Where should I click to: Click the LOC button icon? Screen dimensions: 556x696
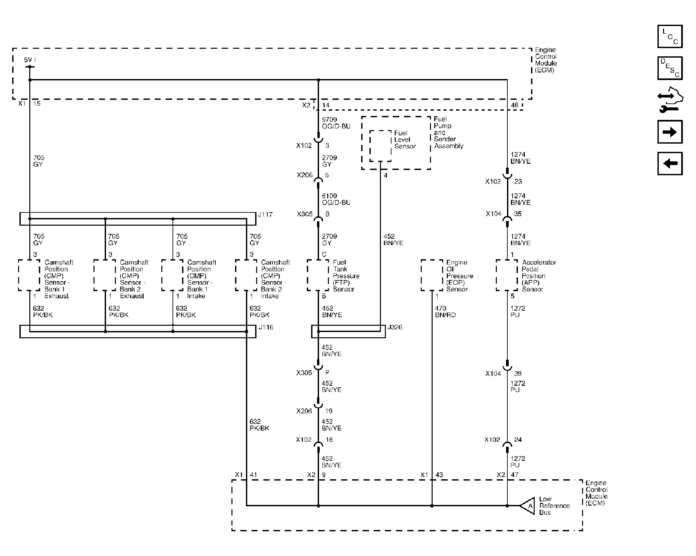click(x=670, y=36)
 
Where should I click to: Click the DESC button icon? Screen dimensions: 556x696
click(x=670, y=68)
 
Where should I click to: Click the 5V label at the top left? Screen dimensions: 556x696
click(x=28, y=60)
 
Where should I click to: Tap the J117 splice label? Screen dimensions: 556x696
click(x=265, y=214)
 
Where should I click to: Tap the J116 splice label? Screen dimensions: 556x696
click(x=266, y=327)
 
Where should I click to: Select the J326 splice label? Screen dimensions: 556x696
click(x=394, y=327)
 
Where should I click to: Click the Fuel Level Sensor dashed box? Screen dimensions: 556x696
click(x=381, y=146)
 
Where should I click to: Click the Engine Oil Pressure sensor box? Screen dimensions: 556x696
click(x=432, y=275)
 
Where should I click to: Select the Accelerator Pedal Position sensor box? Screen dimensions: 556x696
click(x=507, y=275)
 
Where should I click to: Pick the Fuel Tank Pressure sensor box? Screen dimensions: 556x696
click(x=318, y=275)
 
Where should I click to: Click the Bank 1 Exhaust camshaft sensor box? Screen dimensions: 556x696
click(x=29, y=275)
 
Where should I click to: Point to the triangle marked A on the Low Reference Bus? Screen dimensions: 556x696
click(x=528, y=506)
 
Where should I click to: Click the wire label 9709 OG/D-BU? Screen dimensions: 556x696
click(x=336, y=123)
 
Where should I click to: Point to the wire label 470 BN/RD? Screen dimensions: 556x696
click(x=445, y=311)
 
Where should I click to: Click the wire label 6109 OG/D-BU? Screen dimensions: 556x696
click(x=336, y=199)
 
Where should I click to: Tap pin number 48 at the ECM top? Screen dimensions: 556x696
click(x=515, y=105)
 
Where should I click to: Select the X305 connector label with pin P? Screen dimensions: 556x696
click(x=304, y=373)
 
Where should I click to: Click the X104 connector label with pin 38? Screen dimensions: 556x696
click(x=493, y=374)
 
